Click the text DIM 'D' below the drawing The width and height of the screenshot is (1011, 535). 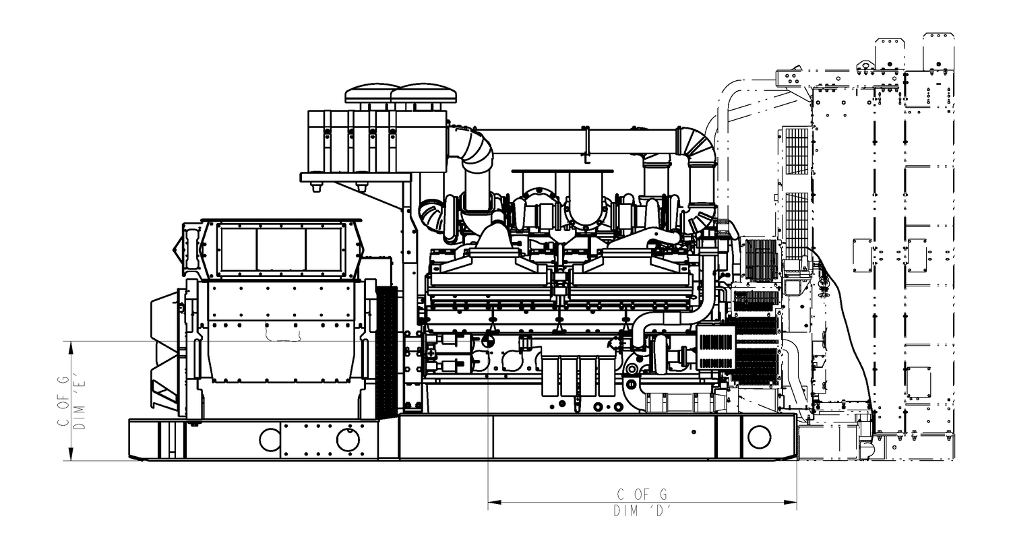[x=642, y=511]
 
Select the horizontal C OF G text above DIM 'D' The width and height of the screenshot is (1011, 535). [x=642, y=495]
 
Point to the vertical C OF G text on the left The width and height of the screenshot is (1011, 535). [x=63, y=401]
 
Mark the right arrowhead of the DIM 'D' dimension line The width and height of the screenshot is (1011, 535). [x=790, y=502]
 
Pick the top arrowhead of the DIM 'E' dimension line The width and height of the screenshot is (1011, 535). [x=71, y=348]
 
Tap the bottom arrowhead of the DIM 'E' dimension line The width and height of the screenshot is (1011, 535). [x=71, y=453]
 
